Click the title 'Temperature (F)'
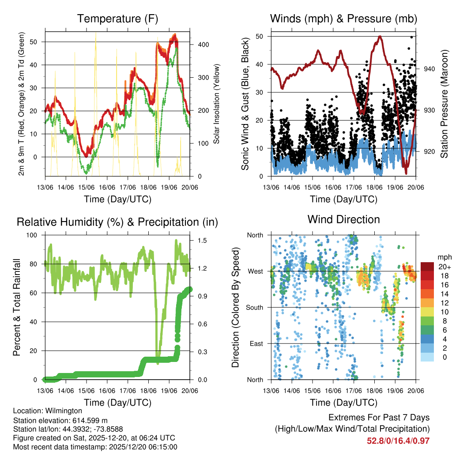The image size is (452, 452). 117,19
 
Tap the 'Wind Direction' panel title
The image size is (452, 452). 343,219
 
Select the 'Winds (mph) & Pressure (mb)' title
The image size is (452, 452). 343,19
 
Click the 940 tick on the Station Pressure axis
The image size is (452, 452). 430,69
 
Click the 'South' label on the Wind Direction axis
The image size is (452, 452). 255,307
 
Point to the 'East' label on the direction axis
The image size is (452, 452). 256,343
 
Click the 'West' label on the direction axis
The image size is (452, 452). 256,271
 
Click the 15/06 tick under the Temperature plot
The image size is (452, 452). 86,187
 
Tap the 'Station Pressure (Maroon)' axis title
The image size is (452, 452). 444,104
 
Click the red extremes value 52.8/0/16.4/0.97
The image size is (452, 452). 398,441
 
